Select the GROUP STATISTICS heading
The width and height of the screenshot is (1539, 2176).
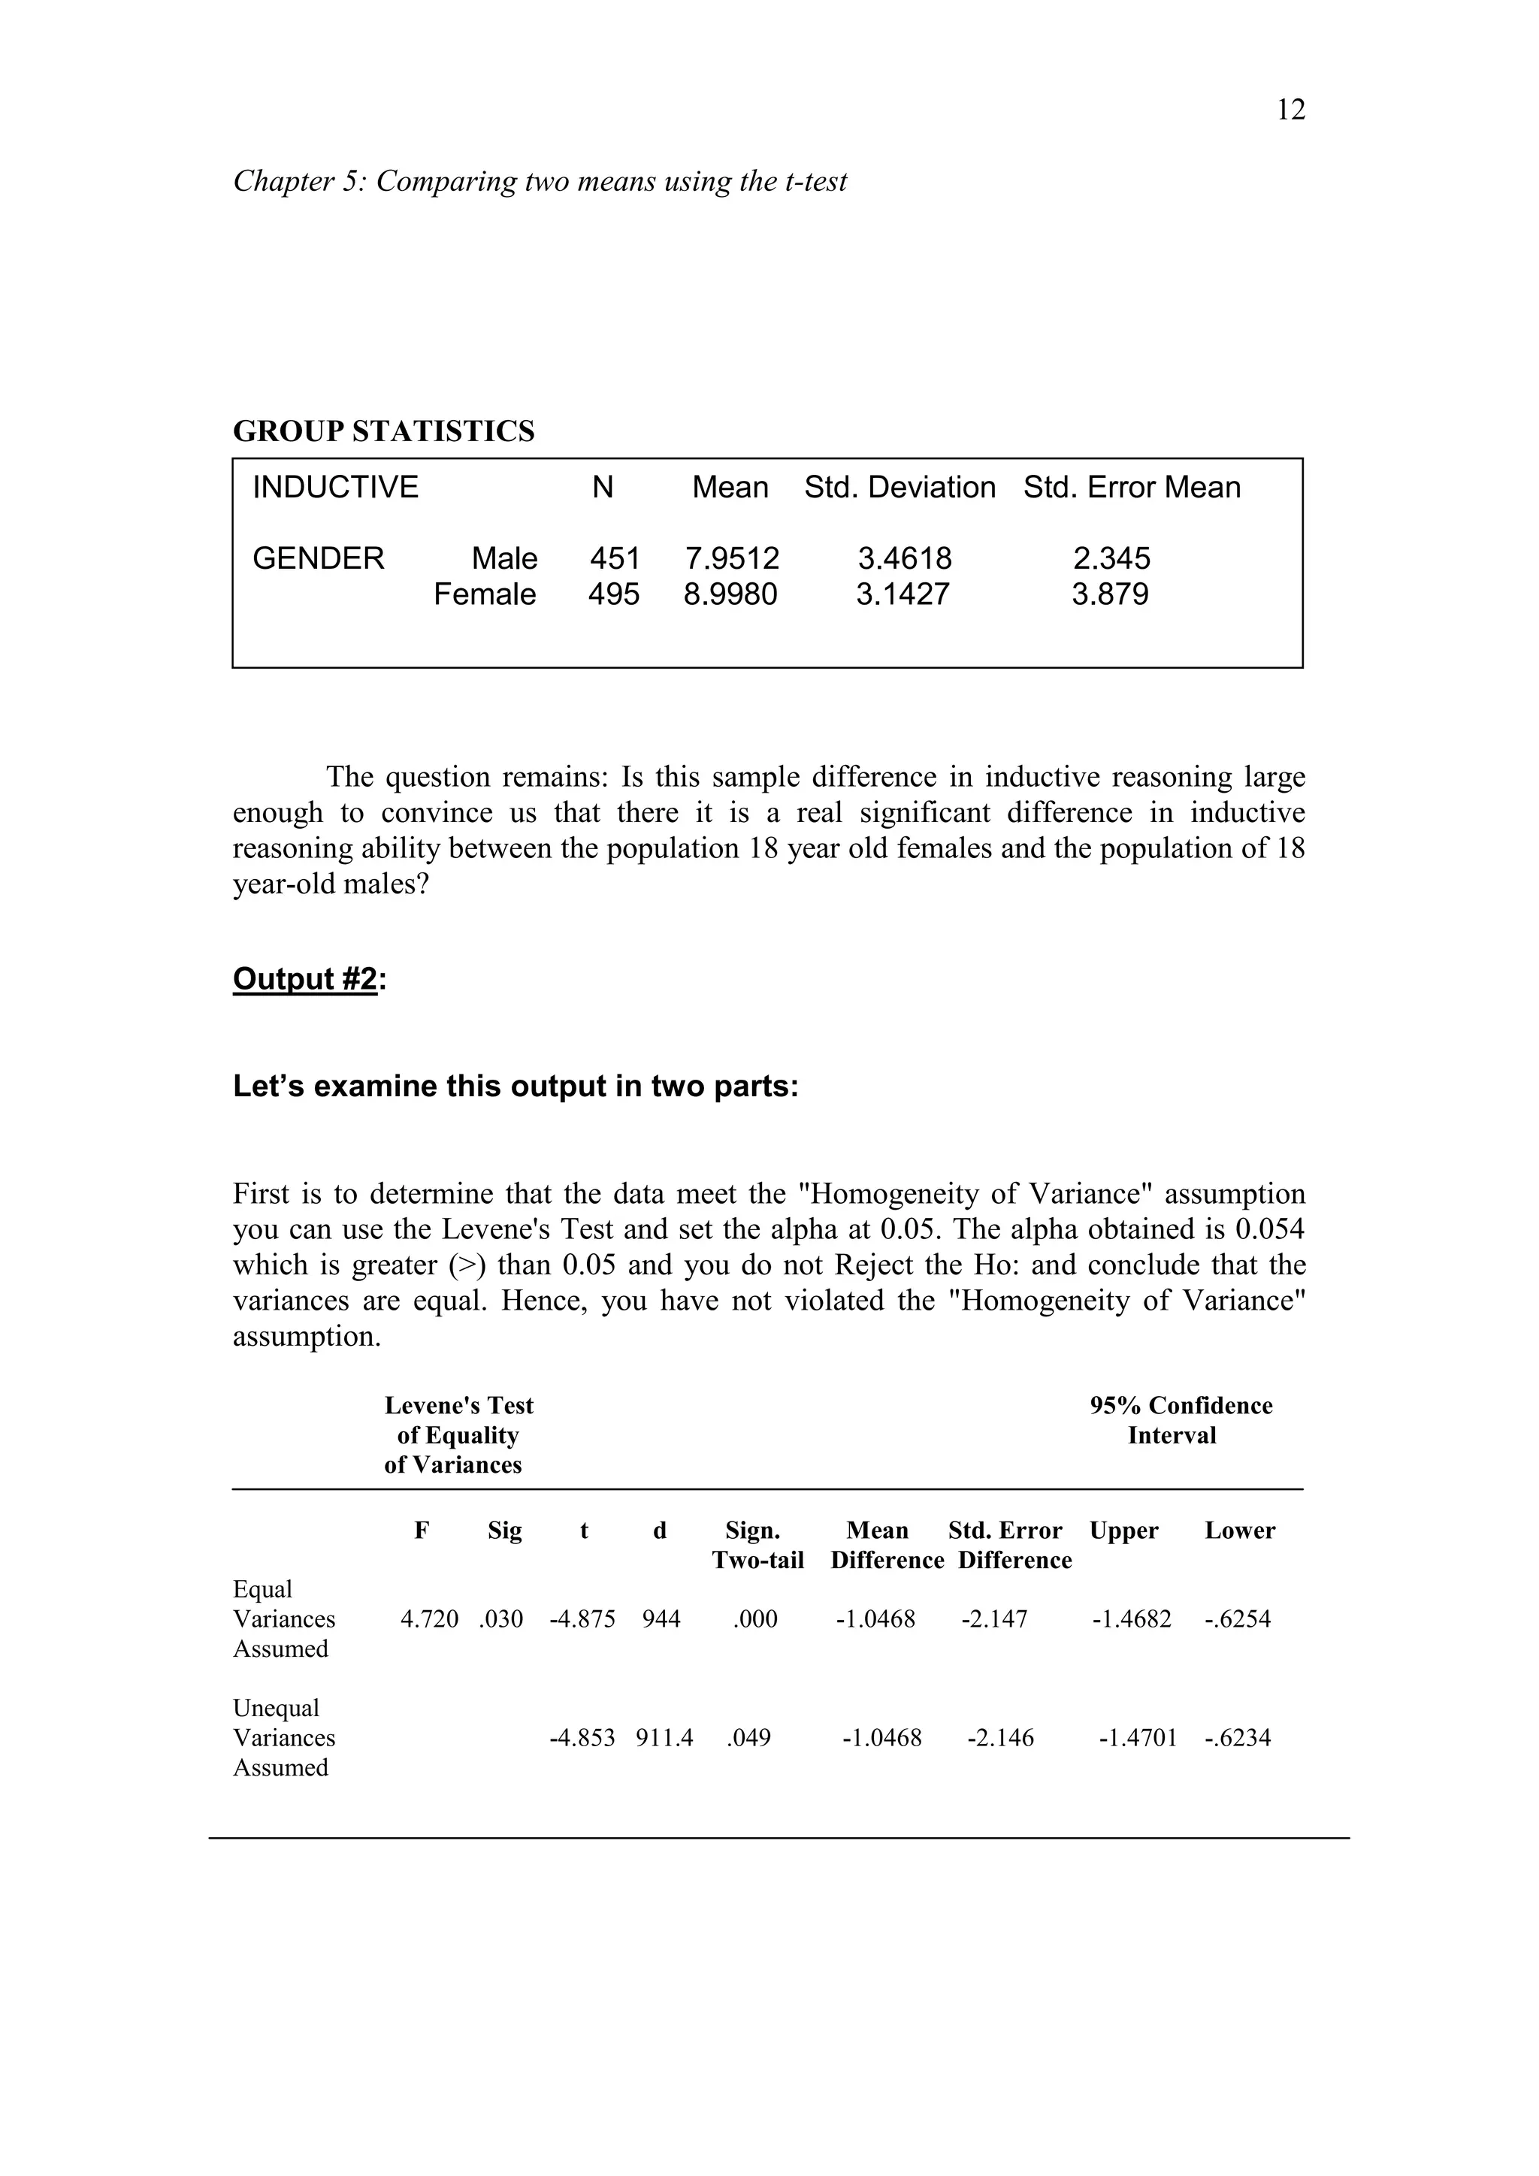coord(384,431)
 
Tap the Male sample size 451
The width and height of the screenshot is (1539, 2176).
coord(615,558)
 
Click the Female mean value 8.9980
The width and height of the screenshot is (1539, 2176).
coord(730,594)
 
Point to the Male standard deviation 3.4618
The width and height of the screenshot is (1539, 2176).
coord(904,558)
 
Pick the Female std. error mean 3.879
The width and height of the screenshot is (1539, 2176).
coord(1110,594)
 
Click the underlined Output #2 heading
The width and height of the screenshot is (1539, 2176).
coord(305,979)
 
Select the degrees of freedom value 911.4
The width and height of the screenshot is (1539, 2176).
coord(664,1737)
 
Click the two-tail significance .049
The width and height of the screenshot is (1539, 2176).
coord(748,1737)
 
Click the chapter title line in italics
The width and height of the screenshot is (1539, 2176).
coord(540,181)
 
